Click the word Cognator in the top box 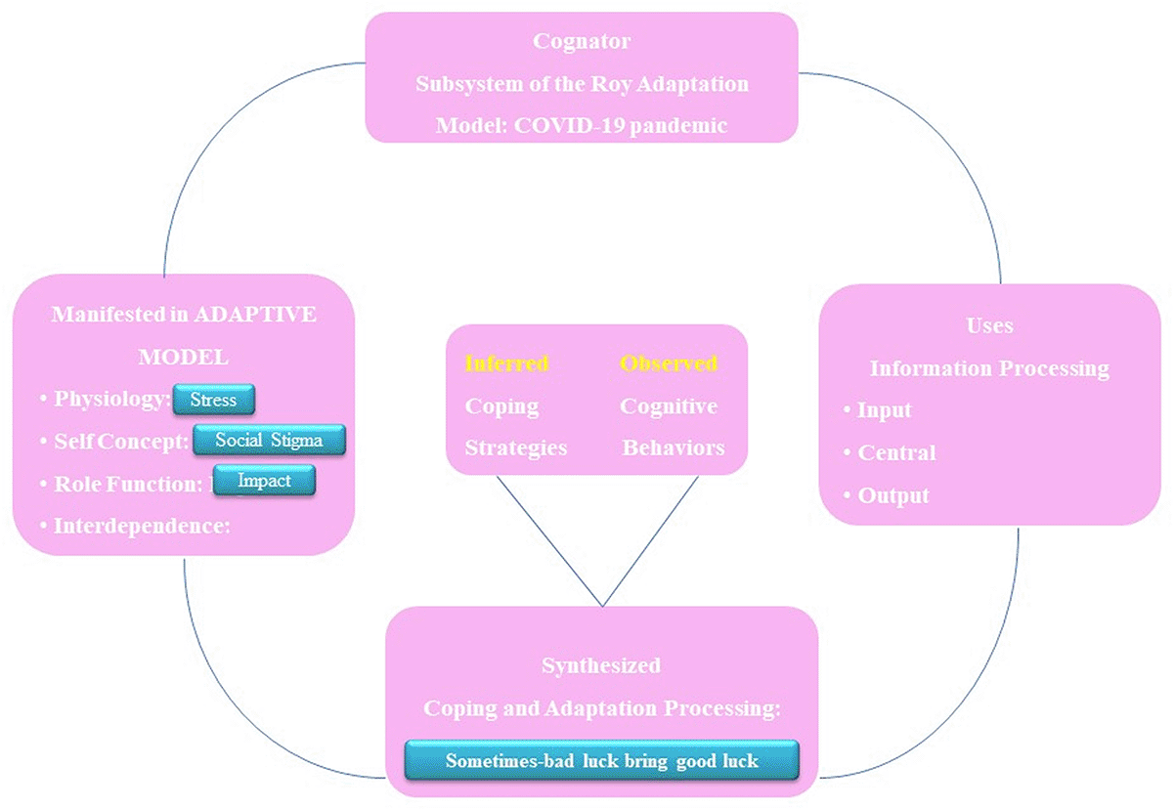582,41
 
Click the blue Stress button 213,400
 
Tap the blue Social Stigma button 270,440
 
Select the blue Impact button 264,480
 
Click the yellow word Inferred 506,363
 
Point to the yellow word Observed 669,363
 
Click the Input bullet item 885,409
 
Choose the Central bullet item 896,452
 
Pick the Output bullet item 892,495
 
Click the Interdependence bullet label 141,526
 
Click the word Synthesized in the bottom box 601,665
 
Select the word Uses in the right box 989,325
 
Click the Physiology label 110,400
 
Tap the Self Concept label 120,442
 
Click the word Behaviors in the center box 674,447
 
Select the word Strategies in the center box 515,447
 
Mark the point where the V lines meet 603,606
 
